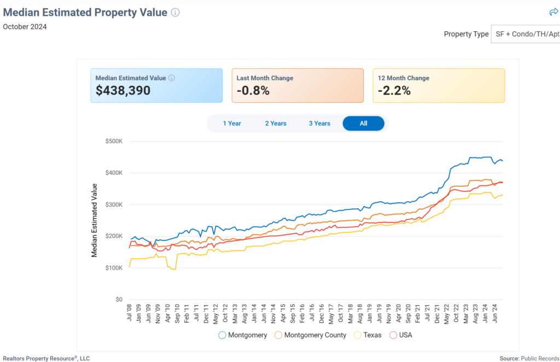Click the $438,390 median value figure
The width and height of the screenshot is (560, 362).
[x=123, y=91]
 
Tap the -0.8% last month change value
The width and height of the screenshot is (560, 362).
[x=253, y=91]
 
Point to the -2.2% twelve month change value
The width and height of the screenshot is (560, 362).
[x=394, y=91]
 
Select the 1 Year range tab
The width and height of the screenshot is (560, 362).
[x=232, y=124]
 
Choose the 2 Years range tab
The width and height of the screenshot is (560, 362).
[x=276, y=124]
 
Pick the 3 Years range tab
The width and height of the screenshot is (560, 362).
[x=319, y=124]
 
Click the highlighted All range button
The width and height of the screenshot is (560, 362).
[x=364, y=124]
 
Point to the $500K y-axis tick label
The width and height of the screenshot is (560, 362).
[x=114, y=141]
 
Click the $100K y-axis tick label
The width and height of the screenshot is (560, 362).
[x=114, y=268]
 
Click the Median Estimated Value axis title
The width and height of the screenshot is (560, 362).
[x=94, y=220]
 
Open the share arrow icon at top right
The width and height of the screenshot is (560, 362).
[x=553, y=12]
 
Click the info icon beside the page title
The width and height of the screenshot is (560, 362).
[x=175, y=13]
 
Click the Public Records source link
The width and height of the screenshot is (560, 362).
[x=540, y=358]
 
